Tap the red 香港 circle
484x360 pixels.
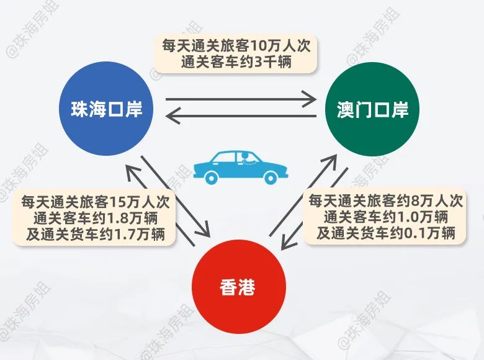[x=238, y=288]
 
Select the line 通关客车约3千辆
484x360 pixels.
[x=240, y=62]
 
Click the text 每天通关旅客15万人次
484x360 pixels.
[x=95, y=202]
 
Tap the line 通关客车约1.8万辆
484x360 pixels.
[x=95, y=218]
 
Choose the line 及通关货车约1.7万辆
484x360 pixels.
[x=95, y=234]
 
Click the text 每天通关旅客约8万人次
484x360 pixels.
[x=385, y=201]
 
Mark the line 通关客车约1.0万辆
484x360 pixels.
[x=385, y=217]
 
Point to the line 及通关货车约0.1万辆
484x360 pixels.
[x=385, y=233]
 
